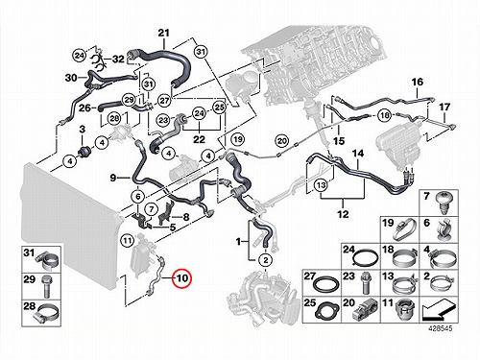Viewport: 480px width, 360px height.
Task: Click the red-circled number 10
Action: (181, 277)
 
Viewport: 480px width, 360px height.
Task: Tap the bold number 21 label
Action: (163, 33)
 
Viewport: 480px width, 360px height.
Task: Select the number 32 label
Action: (118, 59)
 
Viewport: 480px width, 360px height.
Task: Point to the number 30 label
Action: (71, 78)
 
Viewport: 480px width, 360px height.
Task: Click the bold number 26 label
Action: (84, 108)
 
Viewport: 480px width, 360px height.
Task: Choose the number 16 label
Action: (418, 82)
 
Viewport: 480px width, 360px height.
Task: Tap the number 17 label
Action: (444, 107)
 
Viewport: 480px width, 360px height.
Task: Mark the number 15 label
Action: (339, 141)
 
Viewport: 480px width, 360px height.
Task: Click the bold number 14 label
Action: (358, 154)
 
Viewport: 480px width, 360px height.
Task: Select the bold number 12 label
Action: (343, 214)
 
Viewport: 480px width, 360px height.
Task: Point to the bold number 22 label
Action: (199, 139)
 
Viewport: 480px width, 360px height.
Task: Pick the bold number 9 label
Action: (112, 178)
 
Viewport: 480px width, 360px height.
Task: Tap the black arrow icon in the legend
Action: (439, 309)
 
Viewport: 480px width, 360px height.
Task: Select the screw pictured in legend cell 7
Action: (443, 204)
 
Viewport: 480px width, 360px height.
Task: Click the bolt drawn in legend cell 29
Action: (46, 286)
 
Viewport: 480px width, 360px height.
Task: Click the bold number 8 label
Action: (186, 217)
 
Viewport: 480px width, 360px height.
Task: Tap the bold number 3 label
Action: (83, 130)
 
